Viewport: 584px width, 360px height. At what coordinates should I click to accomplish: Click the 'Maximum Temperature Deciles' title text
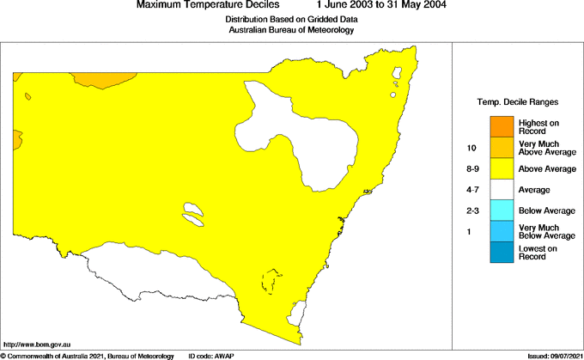[x=207, y=5]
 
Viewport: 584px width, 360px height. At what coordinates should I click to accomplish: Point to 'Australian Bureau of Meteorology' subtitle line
[x=291, y=30]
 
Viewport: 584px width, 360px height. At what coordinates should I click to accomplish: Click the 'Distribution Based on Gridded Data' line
[x=291, y=19]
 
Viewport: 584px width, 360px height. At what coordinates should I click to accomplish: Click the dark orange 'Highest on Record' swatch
[x=502, y=126]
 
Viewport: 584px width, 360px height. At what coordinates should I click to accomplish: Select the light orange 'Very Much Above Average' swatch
[x=502, y=148]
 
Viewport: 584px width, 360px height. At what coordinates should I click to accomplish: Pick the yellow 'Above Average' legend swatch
[x=502, y=168]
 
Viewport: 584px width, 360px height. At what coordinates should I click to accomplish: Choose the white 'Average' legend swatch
[x=502, y=189]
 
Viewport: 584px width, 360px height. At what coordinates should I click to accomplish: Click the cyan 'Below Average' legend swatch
[x=502, y=211]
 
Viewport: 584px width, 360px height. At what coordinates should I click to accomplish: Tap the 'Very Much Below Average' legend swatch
[x=502, y=231]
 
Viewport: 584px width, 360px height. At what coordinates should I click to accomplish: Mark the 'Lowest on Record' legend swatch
[x=502, y=252]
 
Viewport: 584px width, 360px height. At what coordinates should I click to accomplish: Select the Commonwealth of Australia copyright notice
[x=88, y=356]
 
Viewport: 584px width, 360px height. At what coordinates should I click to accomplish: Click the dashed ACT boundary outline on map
[x=272, y=282]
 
